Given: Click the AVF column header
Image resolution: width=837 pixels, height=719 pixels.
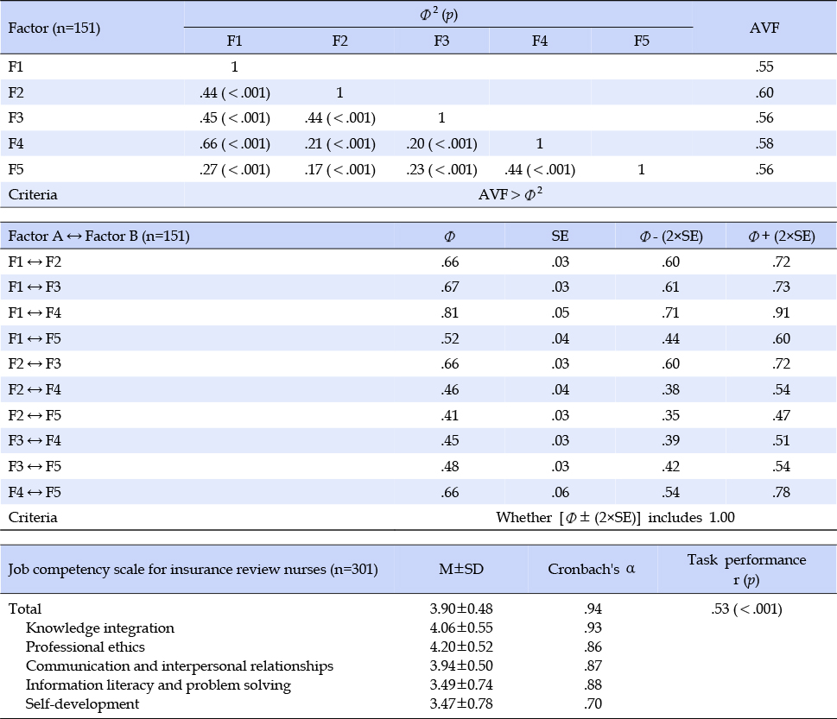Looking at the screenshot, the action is (764, 28).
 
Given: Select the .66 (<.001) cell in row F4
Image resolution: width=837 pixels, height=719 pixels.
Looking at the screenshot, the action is (235, 143).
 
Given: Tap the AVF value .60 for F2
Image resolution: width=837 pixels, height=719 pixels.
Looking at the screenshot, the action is (764, 92).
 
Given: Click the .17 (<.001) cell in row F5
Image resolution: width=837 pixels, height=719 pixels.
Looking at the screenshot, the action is (340, 170).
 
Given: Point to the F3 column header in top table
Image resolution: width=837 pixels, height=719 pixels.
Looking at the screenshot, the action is (441, 41).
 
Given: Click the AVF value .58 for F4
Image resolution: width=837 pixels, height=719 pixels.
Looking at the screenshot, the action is (764, 143).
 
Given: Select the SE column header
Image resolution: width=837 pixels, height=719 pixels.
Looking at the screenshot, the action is (560, 236).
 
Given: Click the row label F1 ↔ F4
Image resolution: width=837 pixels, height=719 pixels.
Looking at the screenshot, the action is (35, 312).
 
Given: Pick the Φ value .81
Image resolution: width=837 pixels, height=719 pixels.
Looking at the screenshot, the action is (449, 312).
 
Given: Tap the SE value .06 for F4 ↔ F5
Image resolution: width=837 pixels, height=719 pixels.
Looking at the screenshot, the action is (560, 492).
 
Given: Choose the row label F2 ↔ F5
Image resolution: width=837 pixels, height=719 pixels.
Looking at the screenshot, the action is (35, 415).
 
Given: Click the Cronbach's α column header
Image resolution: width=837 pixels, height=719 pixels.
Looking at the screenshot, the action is (592, 569).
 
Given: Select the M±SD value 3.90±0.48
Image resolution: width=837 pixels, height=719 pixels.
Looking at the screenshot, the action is (461, 609).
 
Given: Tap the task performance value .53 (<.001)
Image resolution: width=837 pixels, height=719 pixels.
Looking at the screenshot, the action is (746, 609).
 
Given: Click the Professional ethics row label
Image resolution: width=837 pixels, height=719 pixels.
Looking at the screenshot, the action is (86, 646).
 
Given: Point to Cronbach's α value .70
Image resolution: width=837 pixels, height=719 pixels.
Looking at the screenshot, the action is (593, 703).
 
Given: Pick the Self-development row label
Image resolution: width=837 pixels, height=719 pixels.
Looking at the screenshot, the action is (82, 703).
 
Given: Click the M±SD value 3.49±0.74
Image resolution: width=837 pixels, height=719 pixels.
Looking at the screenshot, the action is (461, 684).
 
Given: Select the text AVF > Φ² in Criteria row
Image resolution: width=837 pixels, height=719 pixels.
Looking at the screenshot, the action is (510, 193).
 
